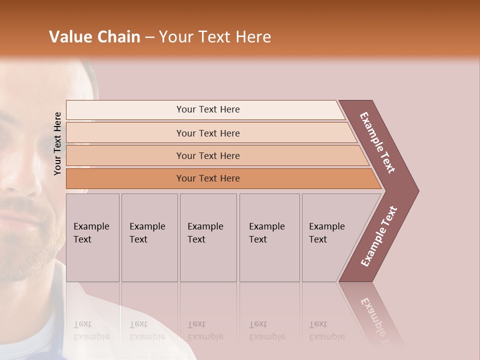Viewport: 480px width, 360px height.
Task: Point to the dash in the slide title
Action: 149,37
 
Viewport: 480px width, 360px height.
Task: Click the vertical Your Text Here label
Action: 57,143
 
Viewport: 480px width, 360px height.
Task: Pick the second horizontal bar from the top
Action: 207,133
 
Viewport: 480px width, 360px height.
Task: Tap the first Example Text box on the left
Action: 92,237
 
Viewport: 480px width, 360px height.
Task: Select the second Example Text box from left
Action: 149,237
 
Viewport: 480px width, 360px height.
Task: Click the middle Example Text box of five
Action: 208,237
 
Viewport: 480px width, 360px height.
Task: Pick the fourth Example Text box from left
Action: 269,237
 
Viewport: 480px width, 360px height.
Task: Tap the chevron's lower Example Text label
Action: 379,236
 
